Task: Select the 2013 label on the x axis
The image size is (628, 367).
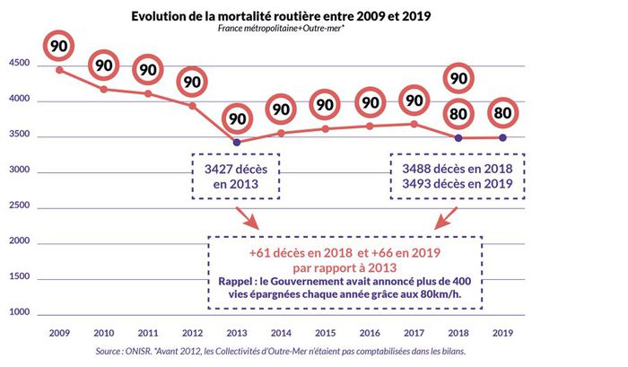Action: (236, 332)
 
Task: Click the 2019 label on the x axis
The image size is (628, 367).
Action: (502, 332)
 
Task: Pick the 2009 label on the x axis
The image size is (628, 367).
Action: (59, 332)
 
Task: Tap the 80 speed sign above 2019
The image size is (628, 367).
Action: (502, 114)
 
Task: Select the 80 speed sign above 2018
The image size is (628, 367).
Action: (458, 114)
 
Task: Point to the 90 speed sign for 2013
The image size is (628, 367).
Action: (236, 118)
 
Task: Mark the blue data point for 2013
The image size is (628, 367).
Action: (236, 142)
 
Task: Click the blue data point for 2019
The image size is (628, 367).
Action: (502, 137)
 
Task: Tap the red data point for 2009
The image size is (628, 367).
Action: (60, 70)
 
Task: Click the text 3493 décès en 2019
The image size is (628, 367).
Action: (458, 184)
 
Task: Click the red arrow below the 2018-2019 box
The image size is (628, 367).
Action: (443, 218)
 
